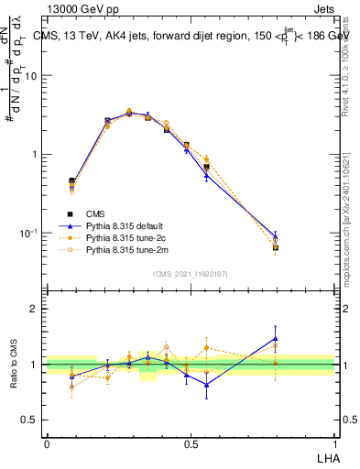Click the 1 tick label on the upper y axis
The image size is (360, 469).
36,155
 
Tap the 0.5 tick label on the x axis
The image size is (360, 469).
191,443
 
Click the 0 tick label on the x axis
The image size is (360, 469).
47,443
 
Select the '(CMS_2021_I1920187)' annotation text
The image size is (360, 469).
191,273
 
